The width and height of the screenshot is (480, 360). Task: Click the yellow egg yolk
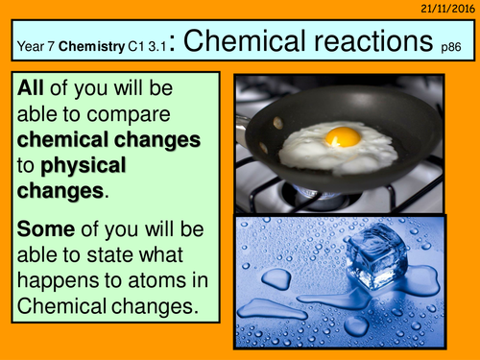click(342, 136)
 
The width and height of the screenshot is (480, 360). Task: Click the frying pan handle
click(248, 118)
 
